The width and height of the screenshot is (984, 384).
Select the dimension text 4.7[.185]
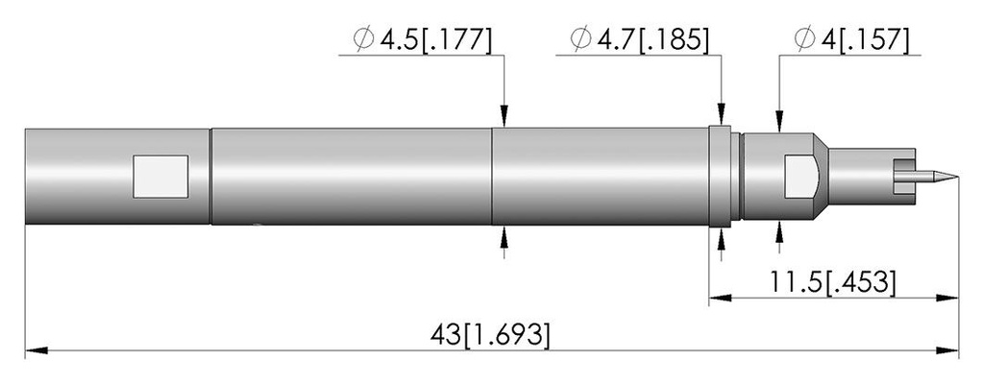tap(653, 40)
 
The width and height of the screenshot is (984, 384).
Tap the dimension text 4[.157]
tap(864, 40)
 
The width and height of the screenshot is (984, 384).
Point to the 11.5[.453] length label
tap(832, 282)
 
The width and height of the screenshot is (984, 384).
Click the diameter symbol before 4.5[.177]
tap(363, 39)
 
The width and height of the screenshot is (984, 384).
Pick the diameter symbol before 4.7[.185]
tap(580, 39)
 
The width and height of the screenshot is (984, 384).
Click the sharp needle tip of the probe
tap(958, 177)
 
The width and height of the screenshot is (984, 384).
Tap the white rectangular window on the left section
tap(160, 177)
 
